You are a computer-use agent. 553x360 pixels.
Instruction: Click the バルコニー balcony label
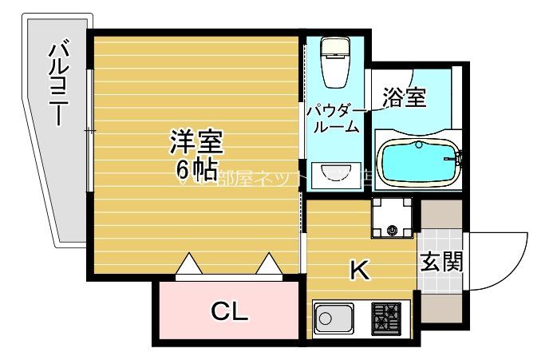pyautogui.click(x=57, y=83)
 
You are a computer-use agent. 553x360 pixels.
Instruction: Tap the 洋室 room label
pyautogui.click(x=196, y=141)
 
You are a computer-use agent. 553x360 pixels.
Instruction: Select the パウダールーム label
pyautogui.click(x=334, y=119)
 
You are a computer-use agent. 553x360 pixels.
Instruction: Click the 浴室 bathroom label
pyautogui.click(x=404, y=97)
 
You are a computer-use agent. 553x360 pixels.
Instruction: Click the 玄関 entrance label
pyautogui.click(x=441, y=261)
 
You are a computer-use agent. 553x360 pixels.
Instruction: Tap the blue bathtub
pyautogui.click(x=416, y=162)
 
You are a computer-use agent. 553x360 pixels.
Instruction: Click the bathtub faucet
pyautogui.click(x=457, y=159)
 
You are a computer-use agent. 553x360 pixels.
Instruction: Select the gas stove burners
pyautogui.click(x=387, y=318)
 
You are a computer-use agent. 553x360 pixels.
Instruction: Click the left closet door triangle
pyautogui.click(x=189, y=263)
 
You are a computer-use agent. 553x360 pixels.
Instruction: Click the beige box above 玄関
pyautogui.click(x=441, y=214)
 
